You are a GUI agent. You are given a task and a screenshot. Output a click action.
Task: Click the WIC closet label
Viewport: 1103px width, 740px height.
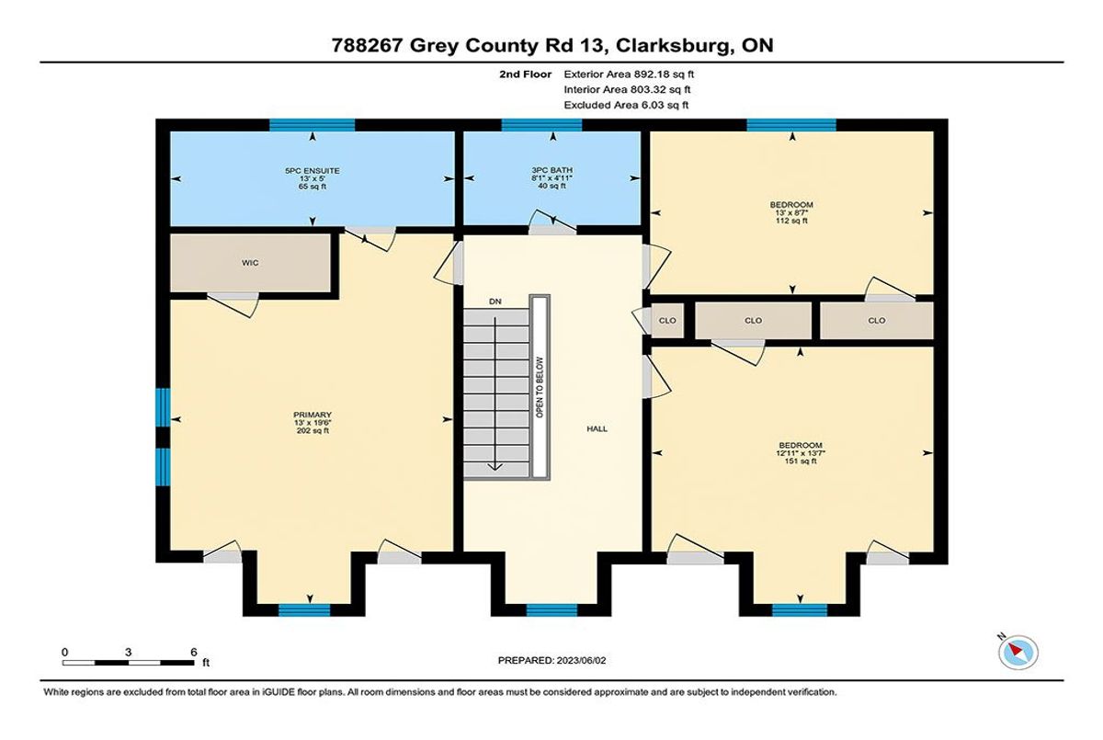point(250,263)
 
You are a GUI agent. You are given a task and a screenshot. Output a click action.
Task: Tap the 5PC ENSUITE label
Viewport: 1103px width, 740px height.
point(313,171)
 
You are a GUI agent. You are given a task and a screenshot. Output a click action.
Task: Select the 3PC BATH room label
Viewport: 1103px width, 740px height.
point(551,170)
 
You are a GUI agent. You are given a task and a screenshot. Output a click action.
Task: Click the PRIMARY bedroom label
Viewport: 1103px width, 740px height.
point(313,415)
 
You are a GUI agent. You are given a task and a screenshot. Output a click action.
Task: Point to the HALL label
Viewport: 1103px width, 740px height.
point(597,429)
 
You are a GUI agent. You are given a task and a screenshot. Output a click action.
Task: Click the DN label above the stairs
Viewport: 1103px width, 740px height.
point(495,302)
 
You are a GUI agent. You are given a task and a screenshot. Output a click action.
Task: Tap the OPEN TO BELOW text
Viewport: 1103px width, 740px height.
point(540,388)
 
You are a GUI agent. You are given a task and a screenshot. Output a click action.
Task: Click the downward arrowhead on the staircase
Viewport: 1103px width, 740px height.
point(495,466)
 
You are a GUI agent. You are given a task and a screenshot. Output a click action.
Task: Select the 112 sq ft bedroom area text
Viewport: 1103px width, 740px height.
point(791,221)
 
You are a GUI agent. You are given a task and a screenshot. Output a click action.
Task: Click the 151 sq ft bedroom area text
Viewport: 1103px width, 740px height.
point(801,461)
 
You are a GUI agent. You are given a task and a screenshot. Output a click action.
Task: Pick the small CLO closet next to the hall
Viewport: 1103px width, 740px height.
point(667,321)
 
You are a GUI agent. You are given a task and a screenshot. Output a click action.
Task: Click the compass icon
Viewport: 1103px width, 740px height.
point(1018,653)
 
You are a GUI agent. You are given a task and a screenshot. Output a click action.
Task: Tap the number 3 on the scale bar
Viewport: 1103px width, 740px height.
point(128,653)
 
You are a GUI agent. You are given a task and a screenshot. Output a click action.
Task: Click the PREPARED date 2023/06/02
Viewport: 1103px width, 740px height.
point(581,660)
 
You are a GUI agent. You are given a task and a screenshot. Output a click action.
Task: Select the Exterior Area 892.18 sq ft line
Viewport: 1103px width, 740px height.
point(629,74)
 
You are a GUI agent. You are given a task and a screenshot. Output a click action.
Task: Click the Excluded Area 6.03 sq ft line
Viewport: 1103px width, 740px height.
point(626,105)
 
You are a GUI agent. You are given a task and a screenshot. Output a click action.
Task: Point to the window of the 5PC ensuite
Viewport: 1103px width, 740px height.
point(313,125)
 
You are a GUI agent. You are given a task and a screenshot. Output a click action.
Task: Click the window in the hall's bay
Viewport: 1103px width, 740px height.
point(551,610)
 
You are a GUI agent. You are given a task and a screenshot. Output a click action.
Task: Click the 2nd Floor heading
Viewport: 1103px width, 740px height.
point(526,74)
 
